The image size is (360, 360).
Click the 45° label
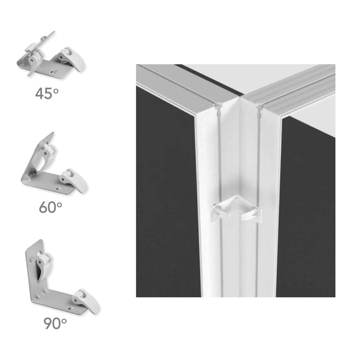point(47,94)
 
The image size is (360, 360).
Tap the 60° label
point(50,207)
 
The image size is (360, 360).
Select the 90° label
point(55,323)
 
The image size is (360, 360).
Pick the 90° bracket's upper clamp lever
point(44,265)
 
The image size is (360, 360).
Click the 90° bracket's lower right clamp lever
point(86,301)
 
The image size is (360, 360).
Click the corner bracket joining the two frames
point(236,209)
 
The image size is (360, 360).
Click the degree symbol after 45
point(56,91)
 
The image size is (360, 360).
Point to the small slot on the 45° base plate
point(54,71)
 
